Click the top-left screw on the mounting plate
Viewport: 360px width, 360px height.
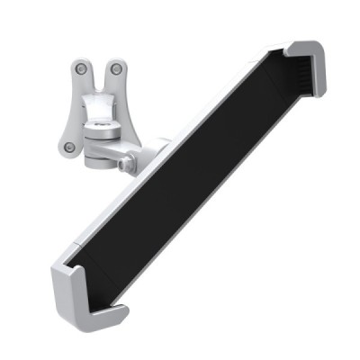point(82,68)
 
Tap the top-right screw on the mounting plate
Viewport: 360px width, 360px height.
point(116,68)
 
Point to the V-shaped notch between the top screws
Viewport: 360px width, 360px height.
point(99,79)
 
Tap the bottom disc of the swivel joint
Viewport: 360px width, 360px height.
point(99,160)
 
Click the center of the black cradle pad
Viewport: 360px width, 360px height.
point(193,175)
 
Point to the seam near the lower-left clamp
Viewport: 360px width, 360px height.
point(79,250)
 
